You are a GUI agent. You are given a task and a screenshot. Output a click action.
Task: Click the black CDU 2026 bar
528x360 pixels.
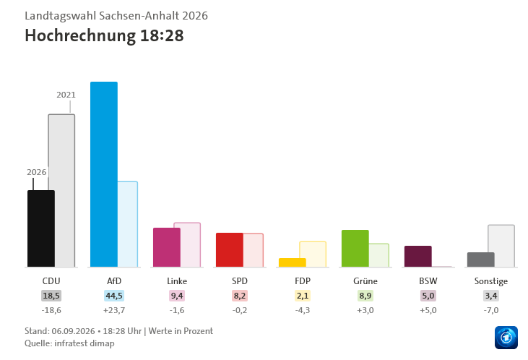[x=41, y=228]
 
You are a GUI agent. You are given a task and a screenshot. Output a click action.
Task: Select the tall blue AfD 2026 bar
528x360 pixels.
[x=104, y=174]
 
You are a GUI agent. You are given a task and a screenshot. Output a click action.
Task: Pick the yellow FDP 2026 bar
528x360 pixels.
[x=293, y=262]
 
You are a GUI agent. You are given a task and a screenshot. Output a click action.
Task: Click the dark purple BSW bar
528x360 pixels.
[x=418, y=257]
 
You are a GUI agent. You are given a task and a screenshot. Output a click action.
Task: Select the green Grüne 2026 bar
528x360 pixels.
[x=355, y=249]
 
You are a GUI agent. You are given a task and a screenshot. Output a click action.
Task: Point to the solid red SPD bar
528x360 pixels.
[x=229, y=250]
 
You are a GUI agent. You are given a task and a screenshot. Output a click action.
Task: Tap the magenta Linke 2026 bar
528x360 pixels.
[x=167, y=247]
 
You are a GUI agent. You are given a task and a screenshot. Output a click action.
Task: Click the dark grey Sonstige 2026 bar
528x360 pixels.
[x=481, y=260]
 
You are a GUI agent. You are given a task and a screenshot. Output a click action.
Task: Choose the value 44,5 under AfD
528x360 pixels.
[x=114, y=296]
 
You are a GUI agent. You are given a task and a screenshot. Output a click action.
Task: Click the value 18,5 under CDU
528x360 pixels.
[x=51, y=296]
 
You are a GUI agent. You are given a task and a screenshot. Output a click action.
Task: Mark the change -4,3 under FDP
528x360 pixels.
[x=303, y=310]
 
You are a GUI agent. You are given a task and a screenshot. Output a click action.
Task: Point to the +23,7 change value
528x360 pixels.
[x=114, y=310]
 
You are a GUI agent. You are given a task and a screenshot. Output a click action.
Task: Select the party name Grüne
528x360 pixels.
[x=365, y=280]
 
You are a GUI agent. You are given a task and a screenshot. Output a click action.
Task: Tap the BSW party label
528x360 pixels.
[x=428, y=280]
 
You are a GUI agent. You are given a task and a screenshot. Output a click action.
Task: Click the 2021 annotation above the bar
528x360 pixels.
[x=66, y=95]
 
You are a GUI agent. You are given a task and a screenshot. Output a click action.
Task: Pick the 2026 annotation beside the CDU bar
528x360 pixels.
[x=36, y=172]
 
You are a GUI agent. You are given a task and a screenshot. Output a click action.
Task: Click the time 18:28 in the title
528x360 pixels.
[x=162, y=35]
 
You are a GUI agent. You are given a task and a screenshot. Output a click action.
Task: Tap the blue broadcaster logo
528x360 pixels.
[x=506, y=338]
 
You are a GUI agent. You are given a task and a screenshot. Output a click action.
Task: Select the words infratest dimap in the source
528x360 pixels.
[x=85, y=343]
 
